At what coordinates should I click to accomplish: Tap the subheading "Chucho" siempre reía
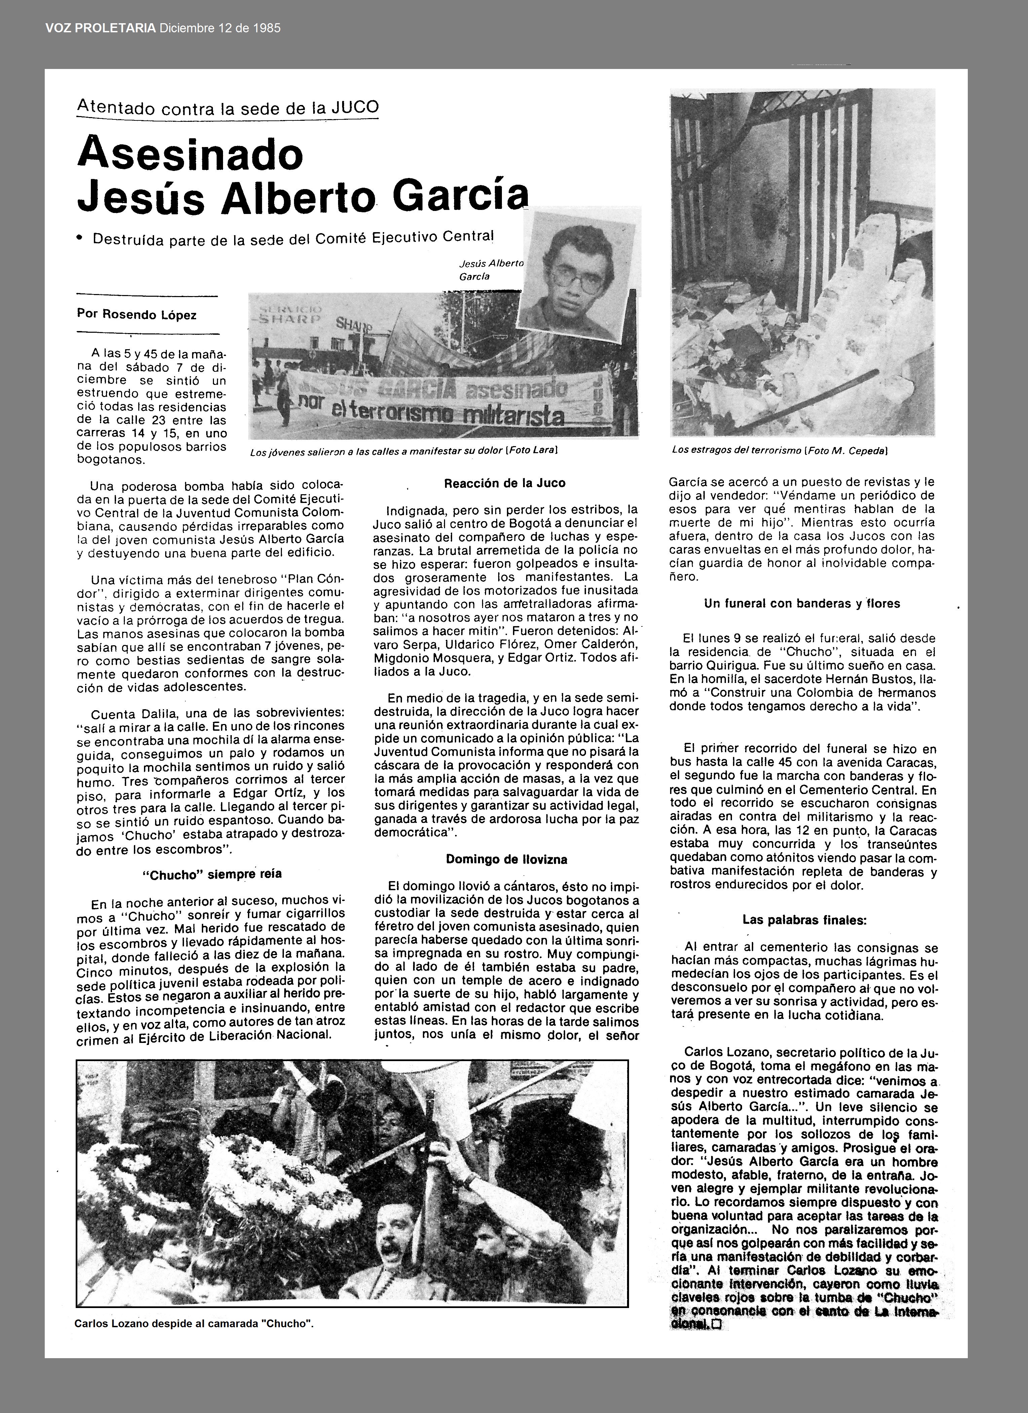[212, 873]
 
